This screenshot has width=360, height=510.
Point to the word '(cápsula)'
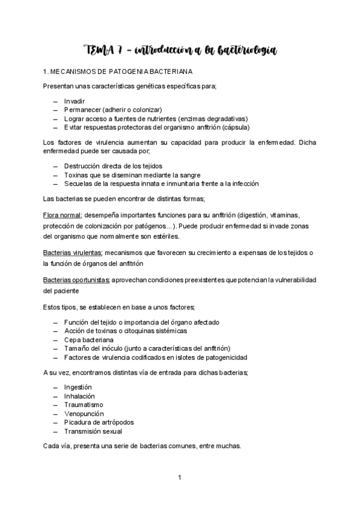pyautogui.click(x=236, y=127)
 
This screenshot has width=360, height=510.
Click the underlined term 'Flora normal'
pyautogui.click(x=63, y=215)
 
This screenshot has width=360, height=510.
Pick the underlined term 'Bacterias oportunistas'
pyautogui.click(x=76, y=281)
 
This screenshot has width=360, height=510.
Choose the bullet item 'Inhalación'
pyautogui.click(x=79, y=396)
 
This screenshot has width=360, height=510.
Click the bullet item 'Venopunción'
pyautogui.click(x=84, y=414)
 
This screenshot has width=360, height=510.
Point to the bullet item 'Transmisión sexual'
pyautogui.click(x=93, y=431)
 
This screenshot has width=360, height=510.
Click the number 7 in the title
pyautogui.click(x=122, y=50)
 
